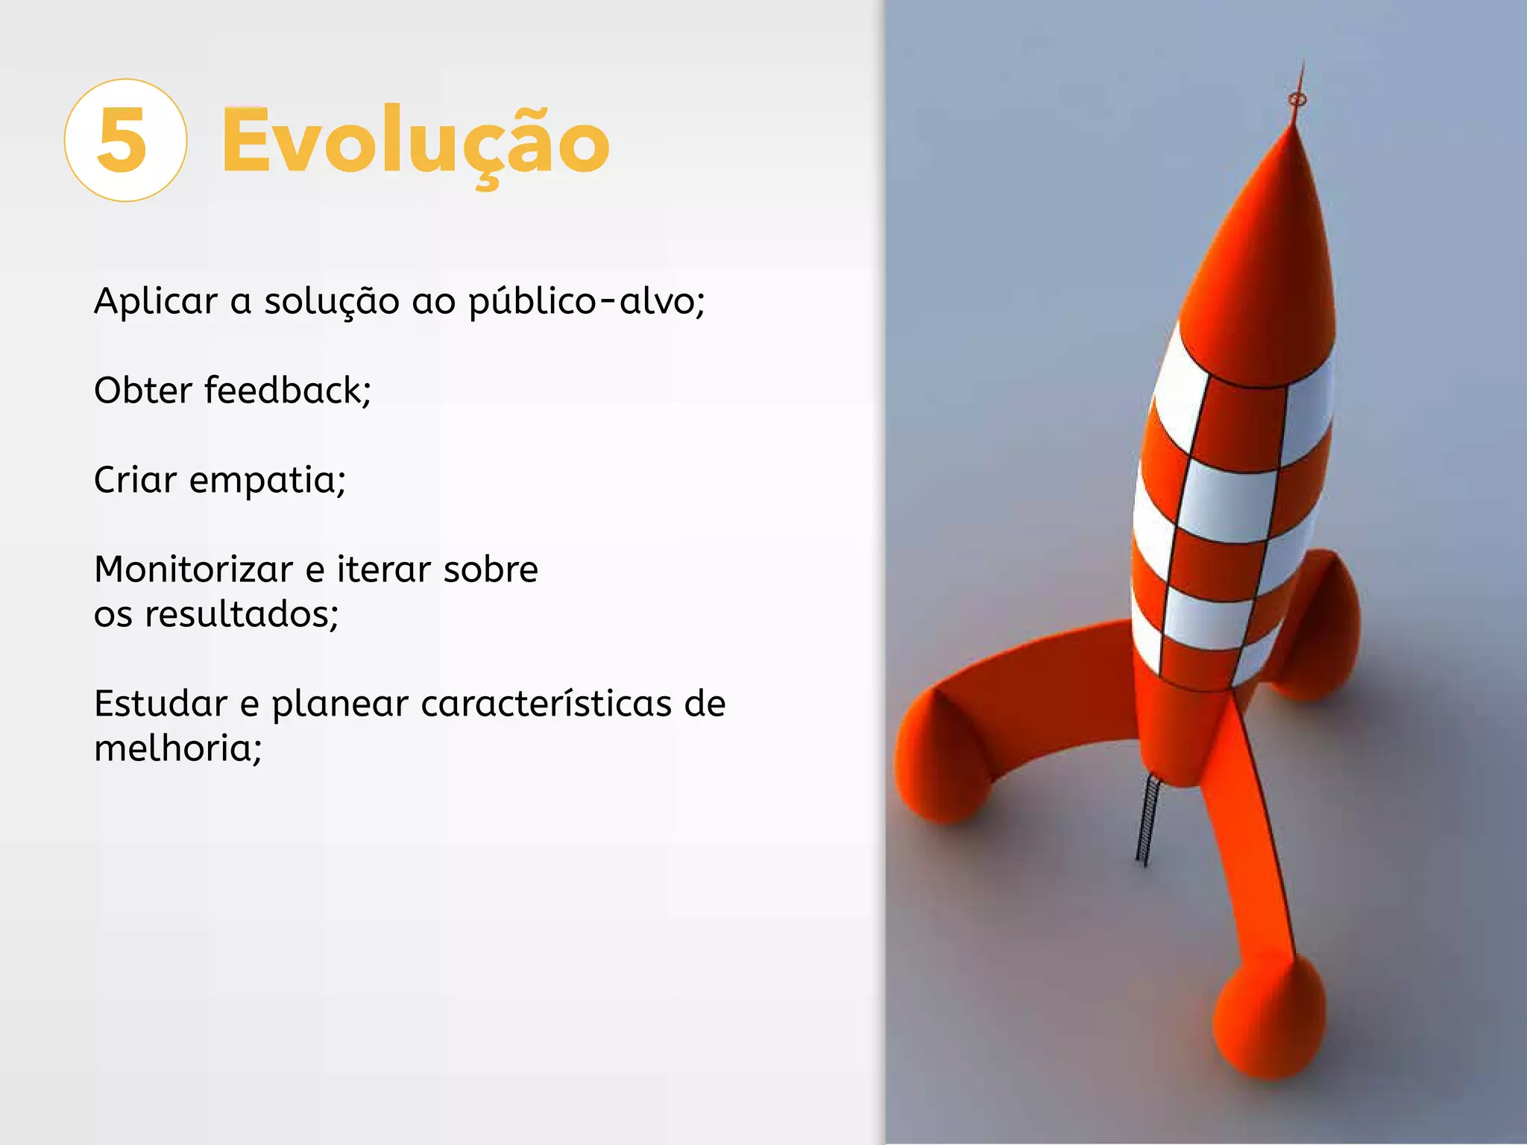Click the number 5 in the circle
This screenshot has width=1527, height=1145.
pyautogui.click(x=123, y=140)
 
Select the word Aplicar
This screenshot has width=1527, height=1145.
pyautogui.click(x=155, y=301)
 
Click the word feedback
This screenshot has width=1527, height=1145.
pyautogui.click(x=286, y=391)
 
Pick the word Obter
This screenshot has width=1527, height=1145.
pyautogui.click(x=142, y=391)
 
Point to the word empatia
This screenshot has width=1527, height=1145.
pyautogui.click(x=266, y=480)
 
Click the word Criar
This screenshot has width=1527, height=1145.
pyautogui.click(x=135, y=480)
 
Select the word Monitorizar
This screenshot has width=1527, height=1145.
pyautogui.click(x=193, y=570)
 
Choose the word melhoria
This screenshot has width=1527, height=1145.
pyautogui.click(x=177, y=748)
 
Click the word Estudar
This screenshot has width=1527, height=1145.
pyautogui.click(x=160, y=704)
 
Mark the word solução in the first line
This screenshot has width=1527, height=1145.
pyautogui.click(x=331, y=301)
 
